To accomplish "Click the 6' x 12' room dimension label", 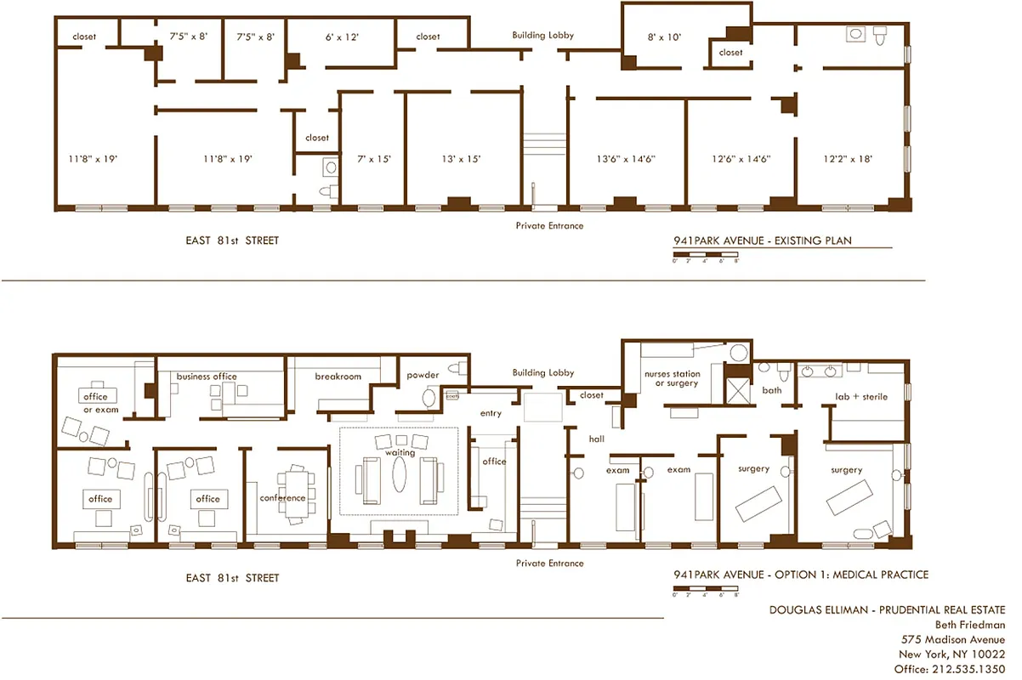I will [342, 37].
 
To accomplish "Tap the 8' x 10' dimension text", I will [664, 37].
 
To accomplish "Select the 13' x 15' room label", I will [462, 159].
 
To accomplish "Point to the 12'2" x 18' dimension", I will [848, 159].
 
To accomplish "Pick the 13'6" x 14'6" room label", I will [626, 159].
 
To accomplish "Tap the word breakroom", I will [338, 377].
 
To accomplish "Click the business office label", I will [207, 377].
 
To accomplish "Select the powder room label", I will [423, 376].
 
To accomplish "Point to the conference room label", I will [282, 498].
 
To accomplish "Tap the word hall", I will [596, 439].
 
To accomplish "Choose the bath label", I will [771, 391].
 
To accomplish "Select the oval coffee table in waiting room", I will [400, 475].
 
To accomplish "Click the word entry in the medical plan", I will [491, 414].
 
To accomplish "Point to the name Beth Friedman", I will [970, 625].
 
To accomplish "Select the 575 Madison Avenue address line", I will [952, 639].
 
